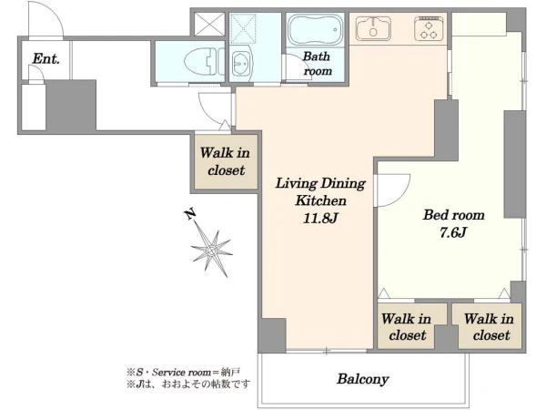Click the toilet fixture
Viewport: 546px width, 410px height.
pos(204,62)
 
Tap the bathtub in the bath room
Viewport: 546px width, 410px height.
pos(315,30)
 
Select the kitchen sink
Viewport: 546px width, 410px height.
pos(373,28)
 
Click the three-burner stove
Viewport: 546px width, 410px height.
pos(429,28)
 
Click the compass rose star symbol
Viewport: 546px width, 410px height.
pos(212,251)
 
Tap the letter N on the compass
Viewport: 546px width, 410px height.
pos(189,214)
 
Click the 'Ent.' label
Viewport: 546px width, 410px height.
pos(46,59)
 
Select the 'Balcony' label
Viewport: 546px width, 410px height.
pos(362,379)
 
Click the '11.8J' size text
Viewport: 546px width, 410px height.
pos(320,219)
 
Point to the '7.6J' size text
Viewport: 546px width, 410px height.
pos(452,232)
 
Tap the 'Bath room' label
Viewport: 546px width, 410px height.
pos(317,64)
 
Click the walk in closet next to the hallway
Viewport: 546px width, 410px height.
pos(226,162)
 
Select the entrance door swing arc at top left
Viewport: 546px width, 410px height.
pos(56,14)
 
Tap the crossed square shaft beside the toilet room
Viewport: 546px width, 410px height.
pos(209,24)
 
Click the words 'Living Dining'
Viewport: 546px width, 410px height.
pos(320,184)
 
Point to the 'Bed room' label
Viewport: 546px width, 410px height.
pos(454,215)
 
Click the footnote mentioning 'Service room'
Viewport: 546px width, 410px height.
pos(183,373)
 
